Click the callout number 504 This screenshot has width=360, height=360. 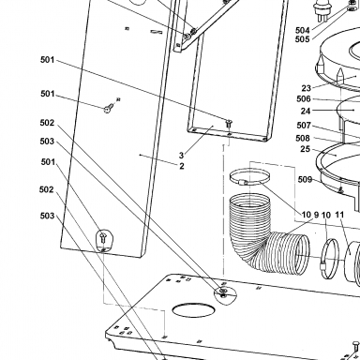302,30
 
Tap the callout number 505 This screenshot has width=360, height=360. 302,39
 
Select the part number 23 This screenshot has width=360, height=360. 307,88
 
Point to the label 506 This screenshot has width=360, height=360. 304,99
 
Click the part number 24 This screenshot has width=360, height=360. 306,111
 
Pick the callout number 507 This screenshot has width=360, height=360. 304,126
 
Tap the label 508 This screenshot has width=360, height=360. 303,138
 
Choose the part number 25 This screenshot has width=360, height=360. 306,149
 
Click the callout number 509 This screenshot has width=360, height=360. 305,179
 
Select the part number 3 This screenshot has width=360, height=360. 181,156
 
